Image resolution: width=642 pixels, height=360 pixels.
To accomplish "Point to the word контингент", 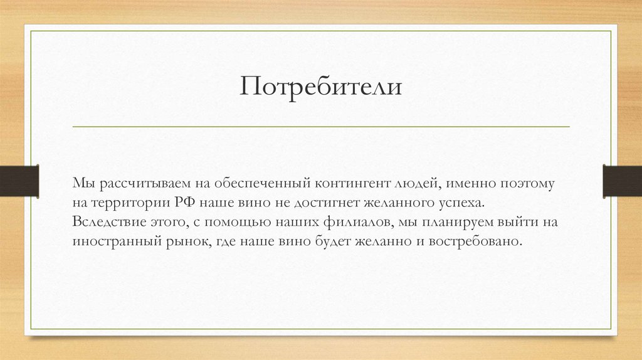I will click(x=352, y=184).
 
